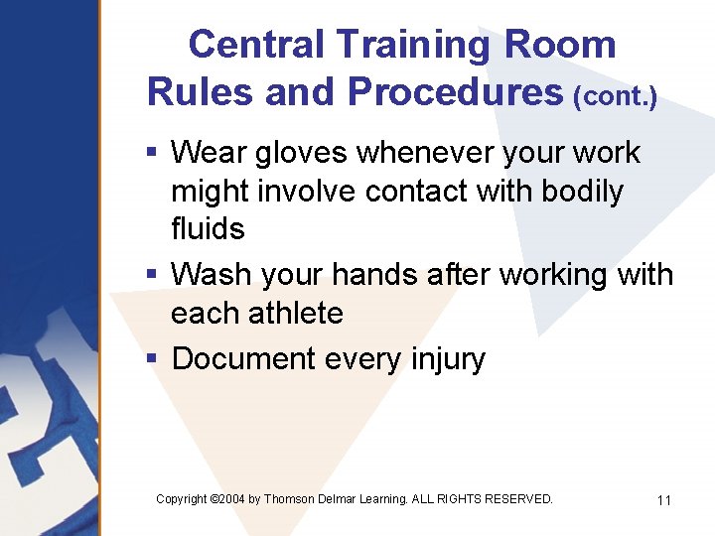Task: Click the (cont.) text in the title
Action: tap(616, 95)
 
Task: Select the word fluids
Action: tap(208, 228)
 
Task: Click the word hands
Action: tap(378, 274)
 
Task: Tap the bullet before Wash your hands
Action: tap(152, 274)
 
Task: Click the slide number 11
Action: tap(664, 500)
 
